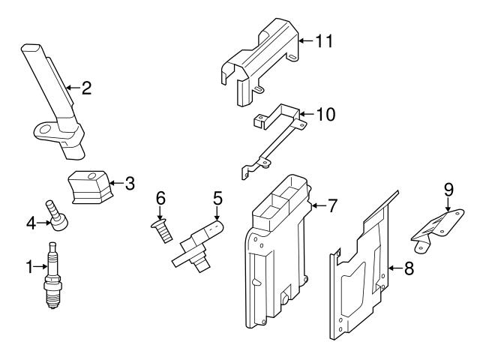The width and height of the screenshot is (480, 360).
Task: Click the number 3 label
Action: click(x=130, y=182)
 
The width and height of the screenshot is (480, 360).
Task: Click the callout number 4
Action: click(x=30, y=223)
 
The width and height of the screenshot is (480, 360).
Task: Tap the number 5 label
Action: click(x=217, y=199)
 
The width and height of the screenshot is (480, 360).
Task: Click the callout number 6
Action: click(x=160, y=199)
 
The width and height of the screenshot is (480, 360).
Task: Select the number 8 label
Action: click(x=409, y=268)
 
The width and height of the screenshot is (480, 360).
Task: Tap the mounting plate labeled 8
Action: click(x=364, y=270)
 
